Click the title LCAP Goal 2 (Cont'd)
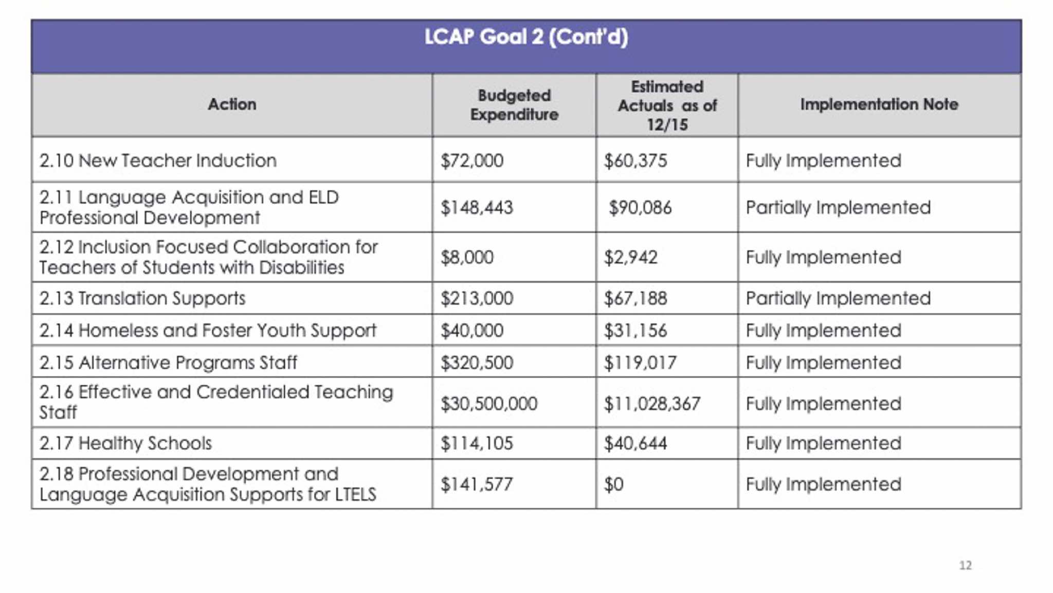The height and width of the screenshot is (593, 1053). click(526, 38)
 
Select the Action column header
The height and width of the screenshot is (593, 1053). click(232, 105)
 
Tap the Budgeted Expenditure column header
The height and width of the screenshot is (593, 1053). click(514, 105)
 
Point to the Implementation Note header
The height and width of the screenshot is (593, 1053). click(879, 105)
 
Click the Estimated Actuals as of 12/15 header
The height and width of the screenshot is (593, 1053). click(667, 105)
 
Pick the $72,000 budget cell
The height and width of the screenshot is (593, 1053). click(472, 161)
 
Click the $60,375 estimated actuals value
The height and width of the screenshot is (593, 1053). click(636, 161)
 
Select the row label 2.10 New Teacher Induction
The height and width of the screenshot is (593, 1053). click(158, 161)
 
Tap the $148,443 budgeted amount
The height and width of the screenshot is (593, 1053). click(477, 208)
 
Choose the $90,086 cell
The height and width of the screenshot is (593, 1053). click(640, 208)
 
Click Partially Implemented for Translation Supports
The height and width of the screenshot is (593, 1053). click(838, 299)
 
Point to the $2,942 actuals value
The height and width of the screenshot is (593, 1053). click(631, 258)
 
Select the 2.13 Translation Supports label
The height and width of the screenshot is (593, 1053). click(142, 299)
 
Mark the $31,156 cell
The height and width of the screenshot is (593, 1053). click(636, 331)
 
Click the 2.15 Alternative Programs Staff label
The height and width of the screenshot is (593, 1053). click(168, 363)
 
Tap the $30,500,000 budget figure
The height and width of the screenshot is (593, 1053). click(489, 404)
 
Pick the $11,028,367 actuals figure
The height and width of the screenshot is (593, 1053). click(652, 404)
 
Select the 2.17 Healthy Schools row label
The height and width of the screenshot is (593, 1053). click(125, 443)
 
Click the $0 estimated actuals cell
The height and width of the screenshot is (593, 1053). click(614, 484)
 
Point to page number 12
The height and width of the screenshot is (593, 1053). click(965, 566)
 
